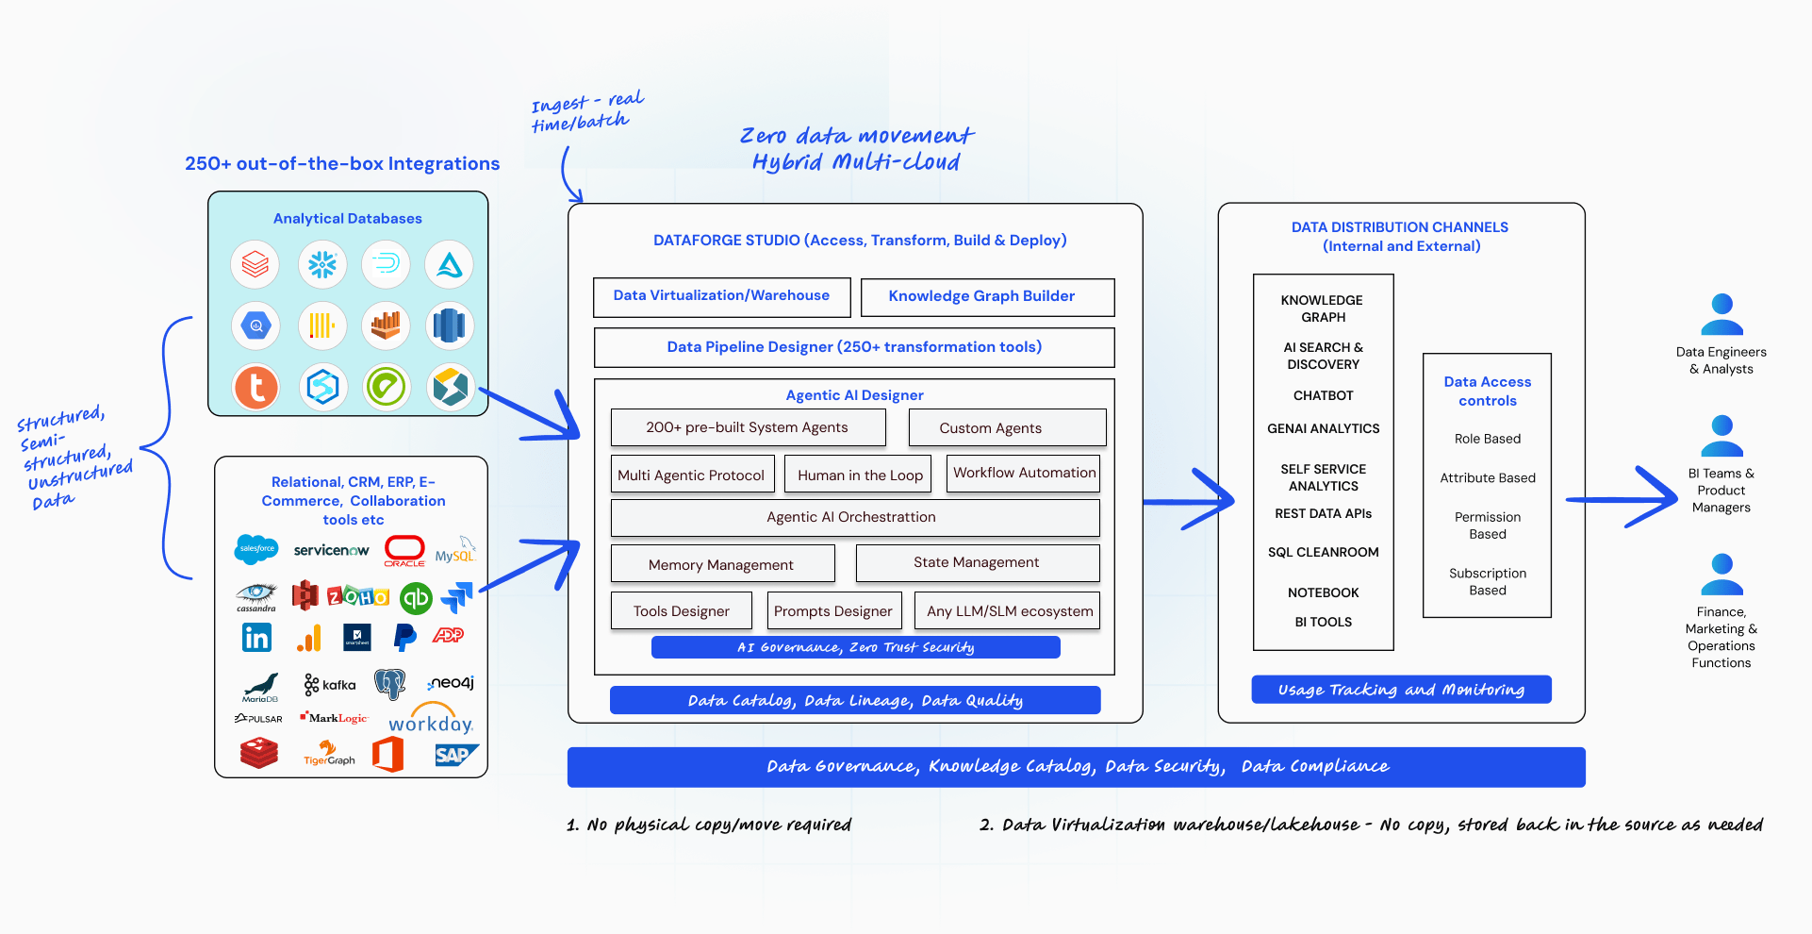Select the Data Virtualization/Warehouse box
click(721, 297)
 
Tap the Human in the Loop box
click(859, 475)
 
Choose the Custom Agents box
click(1007, 427)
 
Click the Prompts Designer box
click(833, 611)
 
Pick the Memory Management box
click(722, 564)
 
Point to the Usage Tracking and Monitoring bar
click(1401, 690)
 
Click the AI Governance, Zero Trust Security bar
click(855, 647)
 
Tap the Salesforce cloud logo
click(256, 549)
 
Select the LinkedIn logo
click(256, 638)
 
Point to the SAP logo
click(455, 755)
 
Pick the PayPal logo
click(404, 638)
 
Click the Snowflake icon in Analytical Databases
click(322, 265)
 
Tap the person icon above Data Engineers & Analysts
click(1721, 314)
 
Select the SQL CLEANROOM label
click(1323, 552)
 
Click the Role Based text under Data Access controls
click(1487, 439)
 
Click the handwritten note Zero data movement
click(856, 137)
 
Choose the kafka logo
click(330, 685)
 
